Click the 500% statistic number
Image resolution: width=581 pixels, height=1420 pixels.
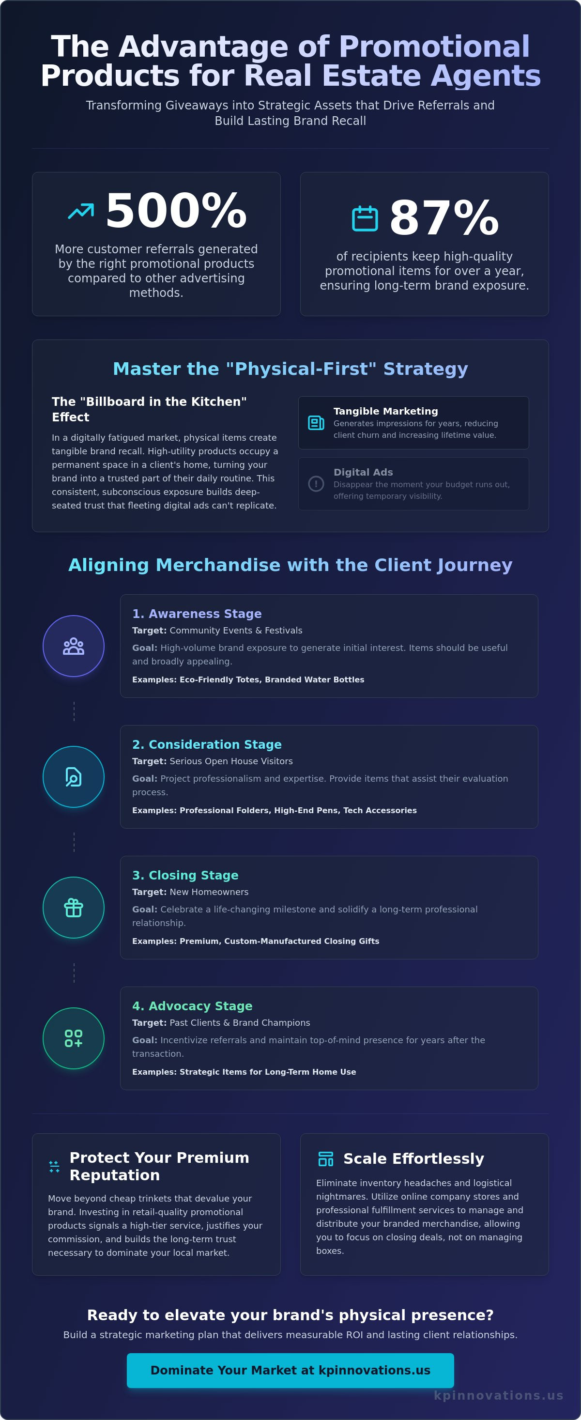[x=176, y=211]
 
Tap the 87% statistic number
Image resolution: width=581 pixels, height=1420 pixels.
[x=444, y=218]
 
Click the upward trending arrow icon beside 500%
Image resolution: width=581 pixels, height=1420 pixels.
[x=81, y=211]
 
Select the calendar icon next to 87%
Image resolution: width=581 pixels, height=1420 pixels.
[x=365, y=218]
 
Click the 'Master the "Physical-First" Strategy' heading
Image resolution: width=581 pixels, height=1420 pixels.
[x=290, y=368]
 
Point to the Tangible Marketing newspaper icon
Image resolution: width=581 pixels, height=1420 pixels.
[x=316, y=423]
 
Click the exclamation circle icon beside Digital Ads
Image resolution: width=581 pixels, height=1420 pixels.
[x=316, y=483]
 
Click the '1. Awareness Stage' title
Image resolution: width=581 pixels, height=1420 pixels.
[x=197, y=614]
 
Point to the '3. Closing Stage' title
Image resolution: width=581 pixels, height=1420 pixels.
[x=185, y=875]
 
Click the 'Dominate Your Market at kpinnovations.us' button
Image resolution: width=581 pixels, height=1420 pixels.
[x=290, y=1371]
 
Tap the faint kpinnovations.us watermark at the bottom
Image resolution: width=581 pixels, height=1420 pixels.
[x=498, y=1395]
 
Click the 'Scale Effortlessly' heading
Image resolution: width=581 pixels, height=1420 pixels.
[x=413, y=1158]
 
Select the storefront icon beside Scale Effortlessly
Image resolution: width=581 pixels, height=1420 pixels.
[x=326, y=1158]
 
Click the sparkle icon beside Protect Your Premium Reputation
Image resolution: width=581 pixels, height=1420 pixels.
[x=54, y=1166]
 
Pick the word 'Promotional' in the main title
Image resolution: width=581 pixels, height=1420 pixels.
[x=434, y=46]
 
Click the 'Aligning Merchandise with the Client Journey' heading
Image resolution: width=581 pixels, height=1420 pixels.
[x=290, y=565]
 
